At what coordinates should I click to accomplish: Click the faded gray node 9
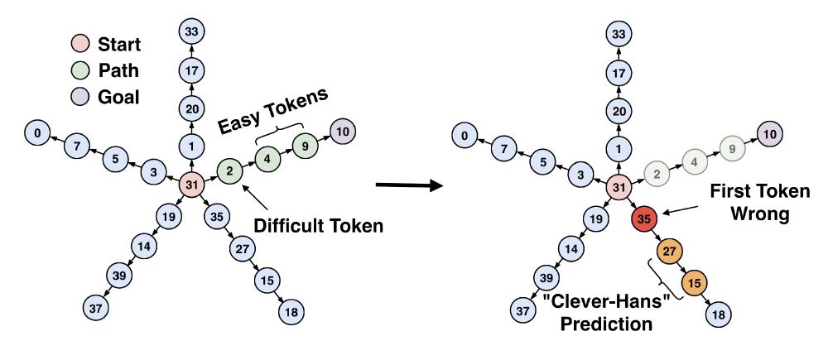[731, 149]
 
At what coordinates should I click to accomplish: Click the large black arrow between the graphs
[410, 183]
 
